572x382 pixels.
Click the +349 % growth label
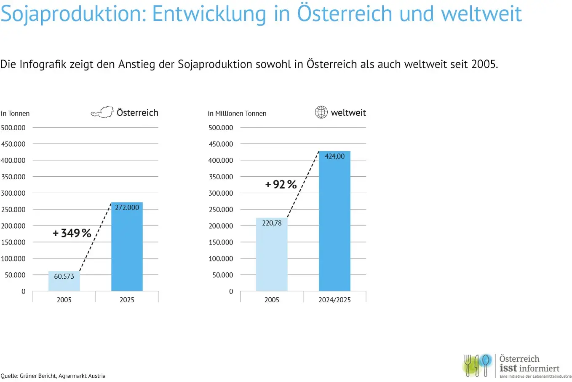[72, 233]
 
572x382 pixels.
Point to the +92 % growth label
[281, 185]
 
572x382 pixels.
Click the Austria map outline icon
[102, 113]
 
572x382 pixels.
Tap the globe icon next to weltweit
[321, 112]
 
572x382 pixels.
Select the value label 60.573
[64, 276]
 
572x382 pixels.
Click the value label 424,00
[334, 156]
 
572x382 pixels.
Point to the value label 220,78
[272, 223]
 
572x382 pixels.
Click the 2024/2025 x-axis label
[334, 300]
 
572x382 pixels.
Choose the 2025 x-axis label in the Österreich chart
[127, 300]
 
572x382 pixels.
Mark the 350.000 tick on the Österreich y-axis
[13, 177]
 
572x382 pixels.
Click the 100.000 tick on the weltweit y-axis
[221, 258]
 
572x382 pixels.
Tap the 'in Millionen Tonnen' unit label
[237, 113]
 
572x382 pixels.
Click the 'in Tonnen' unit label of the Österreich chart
[15, 113]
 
